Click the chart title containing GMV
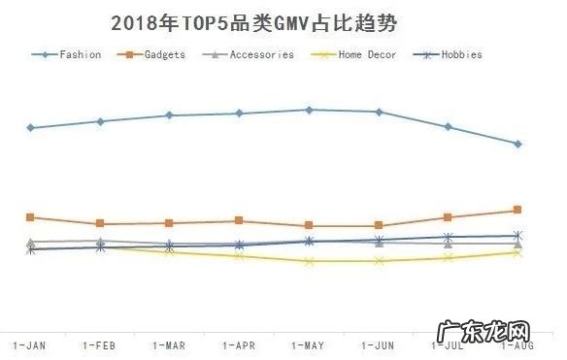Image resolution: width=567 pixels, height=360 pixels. coord(254,21)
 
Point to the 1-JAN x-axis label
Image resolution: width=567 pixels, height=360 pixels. coord(29,344)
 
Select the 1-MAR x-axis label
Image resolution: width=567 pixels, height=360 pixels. coord(169,344)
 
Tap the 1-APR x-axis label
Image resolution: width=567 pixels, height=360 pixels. coord(239,344)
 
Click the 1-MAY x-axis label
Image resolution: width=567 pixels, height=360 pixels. coord(309,344)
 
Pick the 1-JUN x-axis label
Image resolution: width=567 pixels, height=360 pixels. coord(379,344)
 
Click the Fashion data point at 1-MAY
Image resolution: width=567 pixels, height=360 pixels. coord(309,110)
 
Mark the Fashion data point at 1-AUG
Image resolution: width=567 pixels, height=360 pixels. coord(517,144)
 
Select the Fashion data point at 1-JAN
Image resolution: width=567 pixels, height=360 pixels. coord(30,127)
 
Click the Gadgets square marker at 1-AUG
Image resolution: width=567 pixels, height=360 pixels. coord(517,210)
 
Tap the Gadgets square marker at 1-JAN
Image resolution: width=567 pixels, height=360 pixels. coord(30,217)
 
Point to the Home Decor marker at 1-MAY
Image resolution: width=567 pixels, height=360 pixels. coord(309,261)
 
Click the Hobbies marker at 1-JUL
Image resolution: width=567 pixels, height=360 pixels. coord(448,237)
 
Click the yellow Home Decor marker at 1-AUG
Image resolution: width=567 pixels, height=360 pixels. coord(517,252)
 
